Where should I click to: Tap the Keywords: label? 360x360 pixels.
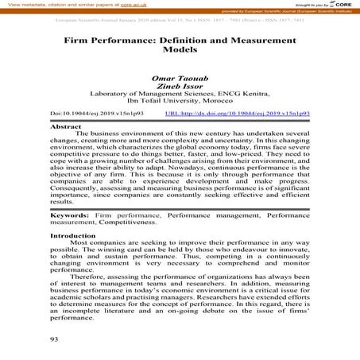click(71, 215)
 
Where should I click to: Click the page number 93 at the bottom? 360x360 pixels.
click(56, 339)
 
